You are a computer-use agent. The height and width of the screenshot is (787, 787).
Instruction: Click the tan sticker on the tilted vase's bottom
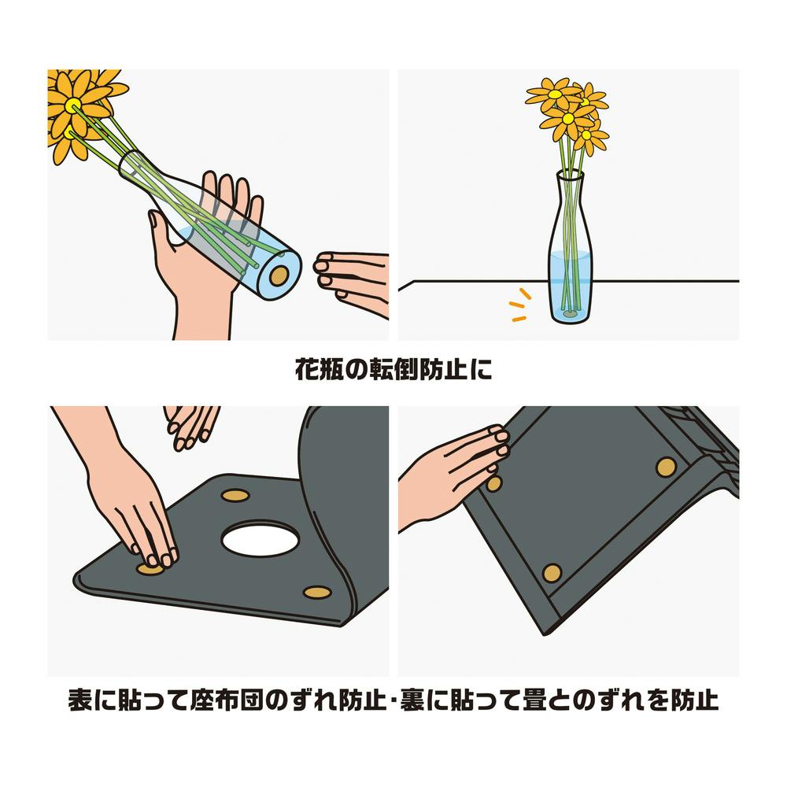click(279, 275)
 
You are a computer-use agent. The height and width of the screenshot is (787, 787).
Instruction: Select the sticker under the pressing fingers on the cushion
click(150, 569)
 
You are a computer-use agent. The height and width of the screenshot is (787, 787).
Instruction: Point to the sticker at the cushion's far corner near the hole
click(236, 496)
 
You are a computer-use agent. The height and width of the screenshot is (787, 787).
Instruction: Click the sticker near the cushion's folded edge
click(317, 593)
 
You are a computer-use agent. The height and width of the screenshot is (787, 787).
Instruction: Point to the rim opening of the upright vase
click(571, 174)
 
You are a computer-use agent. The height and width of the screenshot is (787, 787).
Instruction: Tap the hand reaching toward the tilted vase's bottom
click(351, 281)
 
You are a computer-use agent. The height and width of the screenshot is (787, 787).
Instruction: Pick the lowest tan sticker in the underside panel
click(552, 573)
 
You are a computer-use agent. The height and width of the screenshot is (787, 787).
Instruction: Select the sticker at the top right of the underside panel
click(666, 467)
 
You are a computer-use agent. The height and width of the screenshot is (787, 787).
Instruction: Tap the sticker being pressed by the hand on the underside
click(494, 483)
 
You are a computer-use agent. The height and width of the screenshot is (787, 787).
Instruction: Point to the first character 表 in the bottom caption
click(79, 700)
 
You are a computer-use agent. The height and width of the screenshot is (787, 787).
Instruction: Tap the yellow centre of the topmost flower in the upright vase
click(555, 94)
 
